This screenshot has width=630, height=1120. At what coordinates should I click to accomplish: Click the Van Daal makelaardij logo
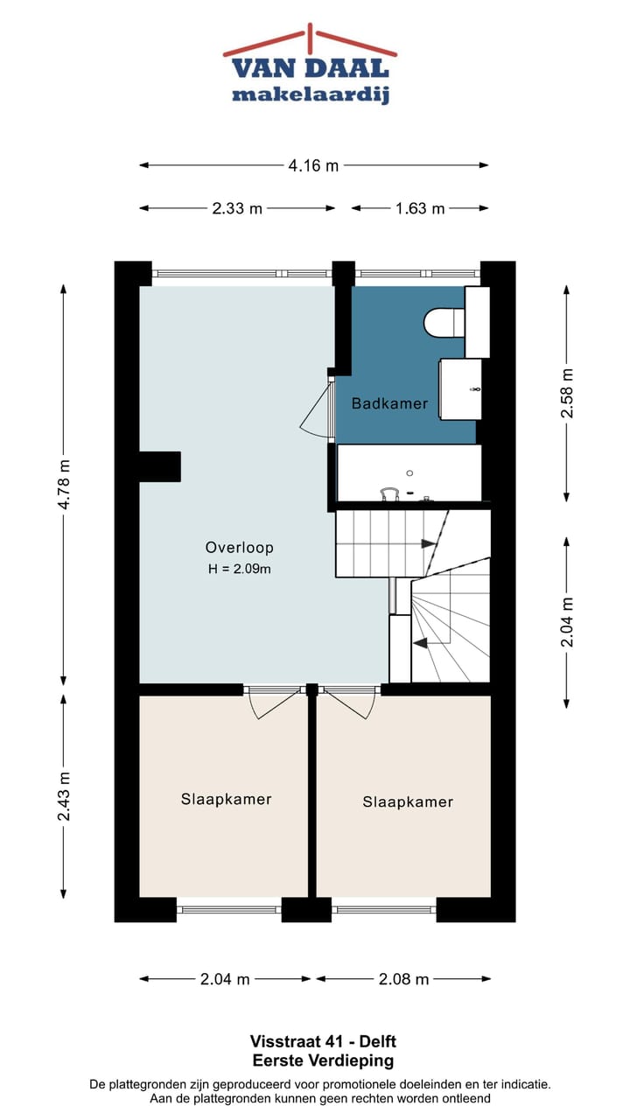pyautogui.click(x=310, y=66)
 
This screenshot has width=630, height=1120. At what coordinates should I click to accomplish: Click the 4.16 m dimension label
pyautogui.click(x=313, y=165)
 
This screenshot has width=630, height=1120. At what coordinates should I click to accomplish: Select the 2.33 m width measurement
pyautogui.click(x=237, y=208)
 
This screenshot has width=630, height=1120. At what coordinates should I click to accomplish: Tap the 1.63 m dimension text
pyautogui.click(x=419, y=208)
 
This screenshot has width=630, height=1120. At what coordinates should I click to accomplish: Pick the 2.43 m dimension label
pyautogui.click(x=63, y=796)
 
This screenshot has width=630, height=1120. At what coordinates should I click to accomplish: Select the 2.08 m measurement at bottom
pyautogui.click(x=403, y=979)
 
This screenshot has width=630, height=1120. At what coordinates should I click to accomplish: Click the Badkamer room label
pyautogui.click(x=389, y=403)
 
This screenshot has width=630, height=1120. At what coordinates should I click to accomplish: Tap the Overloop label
pyautogui.click(x=240, y=548)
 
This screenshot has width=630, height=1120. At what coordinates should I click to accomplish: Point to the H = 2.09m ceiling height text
pyautogui.click(x=240, y=570)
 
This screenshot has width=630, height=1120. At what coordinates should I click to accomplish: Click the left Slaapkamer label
pyautogui.click(x=227, y=799)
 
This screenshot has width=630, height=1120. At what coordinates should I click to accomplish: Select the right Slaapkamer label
pyautogui.click(x=408, y=801)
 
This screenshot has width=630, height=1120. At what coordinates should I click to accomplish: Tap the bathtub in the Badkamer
pyautogui.click(x=409, y=472)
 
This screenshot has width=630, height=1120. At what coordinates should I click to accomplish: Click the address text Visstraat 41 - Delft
pyautogui.click(x=323, y=1042)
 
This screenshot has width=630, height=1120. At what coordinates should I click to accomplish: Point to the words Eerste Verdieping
pyautogui.click(x=323, y=1060)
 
